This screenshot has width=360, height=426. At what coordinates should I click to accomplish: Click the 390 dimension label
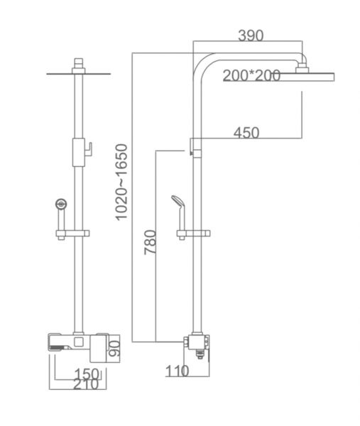(x=251, y=35)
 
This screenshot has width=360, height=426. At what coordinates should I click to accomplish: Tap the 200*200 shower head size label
(x=251, y=75)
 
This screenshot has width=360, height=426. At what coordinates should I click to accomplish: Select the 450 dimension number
(x=246, y=133)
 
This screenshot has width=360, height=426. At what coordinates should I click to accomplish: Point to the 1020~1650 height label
(x=121, y=182)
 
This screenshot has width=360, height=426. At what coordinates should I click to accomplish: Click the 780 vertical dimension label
(x=151, y=242)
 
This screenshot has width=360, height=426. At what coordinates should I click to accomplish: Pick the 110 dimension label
(x=177, y=371)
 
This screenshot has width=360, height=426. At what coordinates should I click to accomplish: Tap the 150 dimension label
(x=87, y=374)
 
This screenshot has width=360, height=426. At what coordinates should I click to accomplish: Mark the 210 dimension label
(x=86, y=384)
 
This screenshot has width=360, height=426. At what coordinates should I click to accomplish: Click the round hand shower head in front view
(x=61, y=204)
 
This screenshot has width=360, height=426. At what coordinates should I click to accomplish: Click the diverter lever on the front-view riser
(x=88, y=149)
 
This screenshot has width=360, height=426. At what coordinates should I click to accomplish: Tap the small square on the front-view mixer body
(x=79, y=342)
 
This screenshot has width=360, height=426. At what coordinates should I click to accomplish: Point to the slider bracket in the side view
(x=193, y=234)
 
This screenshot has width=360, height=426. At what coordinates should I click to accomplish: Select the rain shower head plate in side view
(x=307, y=77)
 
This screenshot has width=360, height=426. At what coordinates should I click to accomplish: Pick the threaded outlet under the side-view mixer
(x=200, y=354)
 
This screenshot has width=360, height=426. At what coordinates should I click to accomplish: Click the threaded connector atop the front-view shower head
(x=79, y=62)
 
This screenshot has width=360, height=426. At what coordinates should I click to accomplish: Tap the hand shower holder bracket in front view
(x=72, y=234)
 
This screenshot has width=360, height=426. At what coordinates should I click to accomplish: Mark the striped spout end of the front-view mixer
(x=59, y=347)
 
